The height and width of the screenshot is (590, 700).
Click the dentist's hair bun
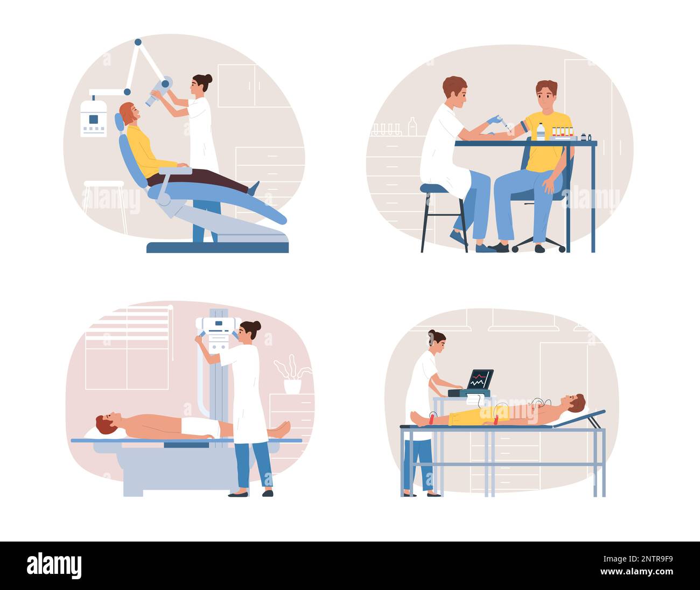pyautogui.click(x=207, y=79)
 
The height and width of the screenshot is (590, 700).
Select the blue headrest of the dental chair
pyautogui.click(x=120, y=122)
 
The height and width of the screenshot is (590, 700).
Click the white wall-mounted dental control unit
pyautogui.click(x=93, y=118)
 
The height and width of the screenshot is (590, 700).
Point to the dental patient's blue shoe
pyautogui.click(x=253, y=188)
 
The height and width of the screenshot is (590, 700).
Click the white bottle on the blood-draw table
pyautogui.click(x=540, y=132)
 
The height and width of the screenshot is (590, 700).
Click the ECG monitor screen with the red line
pyautogui.click(x=480, y=379)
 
